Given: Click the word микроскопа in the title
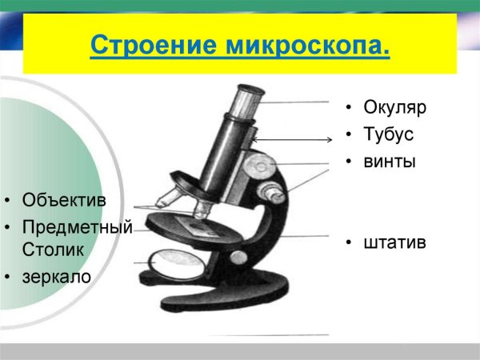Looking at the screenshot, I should point(303,45).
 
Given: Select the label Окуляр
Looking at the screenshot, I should point(395,107).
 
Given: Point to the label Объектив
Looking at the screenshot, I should point(64,199).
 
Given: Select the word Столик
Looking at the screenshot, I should point(53,250).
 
